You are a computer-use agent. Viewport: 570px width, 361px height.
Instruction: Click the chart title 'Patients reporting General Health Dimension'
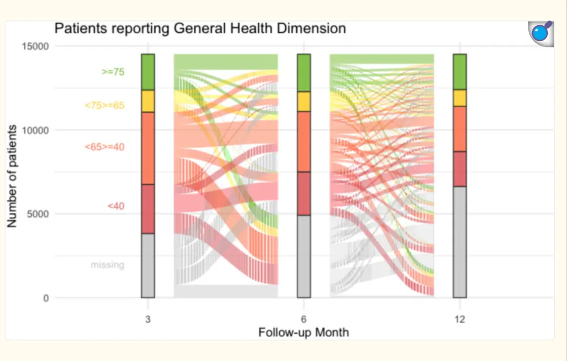coord(200,28)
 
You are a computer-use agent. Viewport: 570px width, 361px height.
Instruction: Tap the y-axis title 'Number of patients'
coord(12,176)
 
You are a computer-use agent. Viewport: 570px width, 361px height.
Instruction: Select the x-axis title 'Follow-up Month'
coord(303,332)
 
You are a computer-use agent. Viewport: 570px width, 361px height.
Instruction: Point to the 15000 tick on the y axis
coord(35,46)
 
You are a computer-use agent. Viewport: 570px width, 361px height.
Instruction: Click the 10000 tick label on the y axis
coord(35,130)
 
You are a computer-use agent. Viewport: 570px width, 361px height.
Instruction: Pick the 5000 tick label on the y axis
coord(38,214)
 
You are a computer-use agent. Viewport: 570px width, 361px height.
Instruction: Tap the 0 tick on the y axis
coord(46,298)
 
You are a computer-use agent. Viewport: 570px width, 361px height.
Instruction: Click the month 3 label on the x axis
coord(148,319)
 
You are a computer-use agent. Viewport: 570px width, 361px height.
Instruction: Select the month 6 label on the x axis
coord(303,319)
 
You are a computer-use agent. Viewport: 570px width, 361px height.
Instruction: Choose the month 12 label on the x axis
coord(460,319)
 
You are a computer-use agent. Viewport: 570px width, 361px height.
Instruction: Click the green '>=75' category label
coord(113,72)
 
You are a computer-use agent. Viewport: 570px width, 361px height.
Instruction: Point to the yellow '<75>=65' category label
coord(104,106)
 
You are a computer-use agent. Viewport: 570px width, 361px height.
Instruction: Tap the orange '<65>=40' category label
coord(104,147)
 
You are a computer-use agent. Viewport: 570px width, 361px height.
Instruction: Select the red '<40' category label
coord(116,206)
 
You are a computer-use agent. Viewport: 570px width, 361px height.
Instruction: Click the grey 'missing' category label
coord(108,264)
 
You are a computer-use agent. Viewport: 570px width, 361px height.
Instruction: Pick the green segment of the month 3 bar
coord(148,72)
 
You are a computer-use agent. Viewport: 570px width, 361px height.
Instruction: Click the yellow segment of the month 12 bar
coord(460,98)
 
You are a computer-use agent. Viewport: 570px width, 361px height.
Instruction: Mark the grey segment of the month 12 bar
coord(460,242)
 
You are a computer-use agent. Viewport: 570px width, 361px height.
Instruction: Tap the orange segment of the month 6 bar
coord(304,141)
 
